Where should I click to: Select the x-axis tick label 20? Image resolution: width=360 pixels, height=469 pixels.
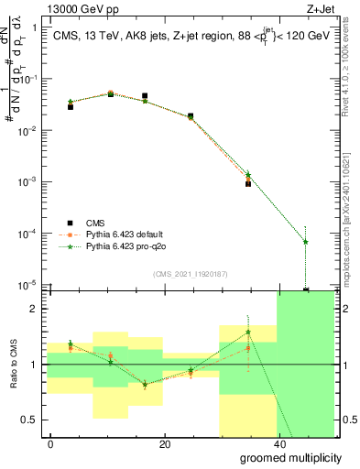[165, 444]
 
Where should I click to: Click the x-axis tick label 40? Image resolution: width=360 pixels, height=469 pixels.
[278, 444]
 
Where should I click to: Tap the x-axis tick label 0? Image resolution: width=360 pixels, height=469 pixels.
[51, 444]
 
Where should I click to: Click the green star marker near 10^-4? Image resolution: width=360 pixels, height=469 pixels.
[305, 242]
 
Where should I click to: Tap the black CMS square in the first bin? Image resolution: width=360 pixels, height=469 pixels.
[71, 107]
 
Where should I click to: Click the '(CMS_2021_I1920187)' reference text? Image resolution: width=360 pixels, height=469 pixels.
[190, 274]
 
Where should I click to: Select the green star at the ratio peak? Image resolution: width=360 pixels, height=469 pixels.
[248, 332]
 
